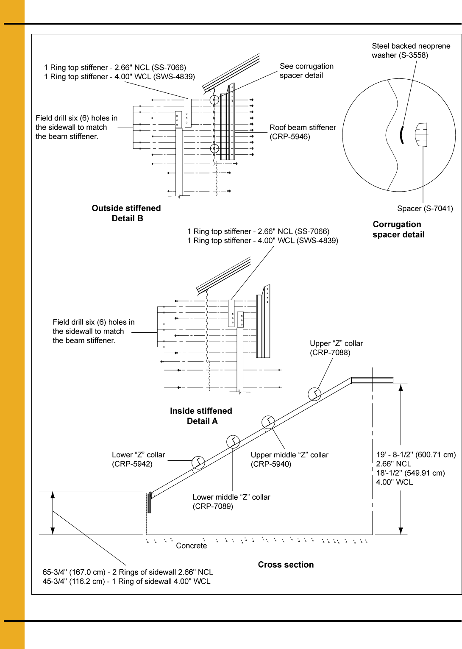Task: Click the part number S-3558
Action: coord(412,55)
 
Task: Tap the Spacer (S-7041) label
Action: coord(425,208)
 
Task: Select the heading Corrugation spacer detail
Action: coord(398,229)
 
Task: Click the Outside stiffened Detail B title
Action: coord(126,213)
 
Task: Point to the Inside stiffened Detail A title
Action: coord(201,416)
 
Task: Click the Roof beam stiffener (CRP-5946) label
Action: coord(303,132)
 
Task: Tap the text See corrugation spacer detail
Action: coord(306,71)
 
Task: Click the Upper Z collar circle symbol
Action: coord(314,394)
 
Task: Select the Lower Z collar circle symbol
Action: coord(198,462)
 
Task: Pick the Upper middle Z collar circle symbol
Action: coord(268,422)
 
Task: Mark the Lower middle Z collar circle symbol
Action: coord(233,442)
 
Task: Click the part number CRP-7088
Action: coord(330,353)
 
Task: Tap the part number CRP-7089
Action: coord(213,506)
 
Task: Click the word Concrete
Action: coord(192,546)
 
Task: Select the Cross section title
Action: coord(286,564)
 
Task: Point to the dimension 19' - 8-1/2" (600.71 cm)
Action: coord(416,454)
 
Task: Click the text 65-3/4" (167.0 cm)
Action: coord(74,572)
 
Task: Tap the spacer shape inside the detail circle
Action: coord(421,135)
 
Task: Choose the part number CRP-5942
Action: coord(132,464)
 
